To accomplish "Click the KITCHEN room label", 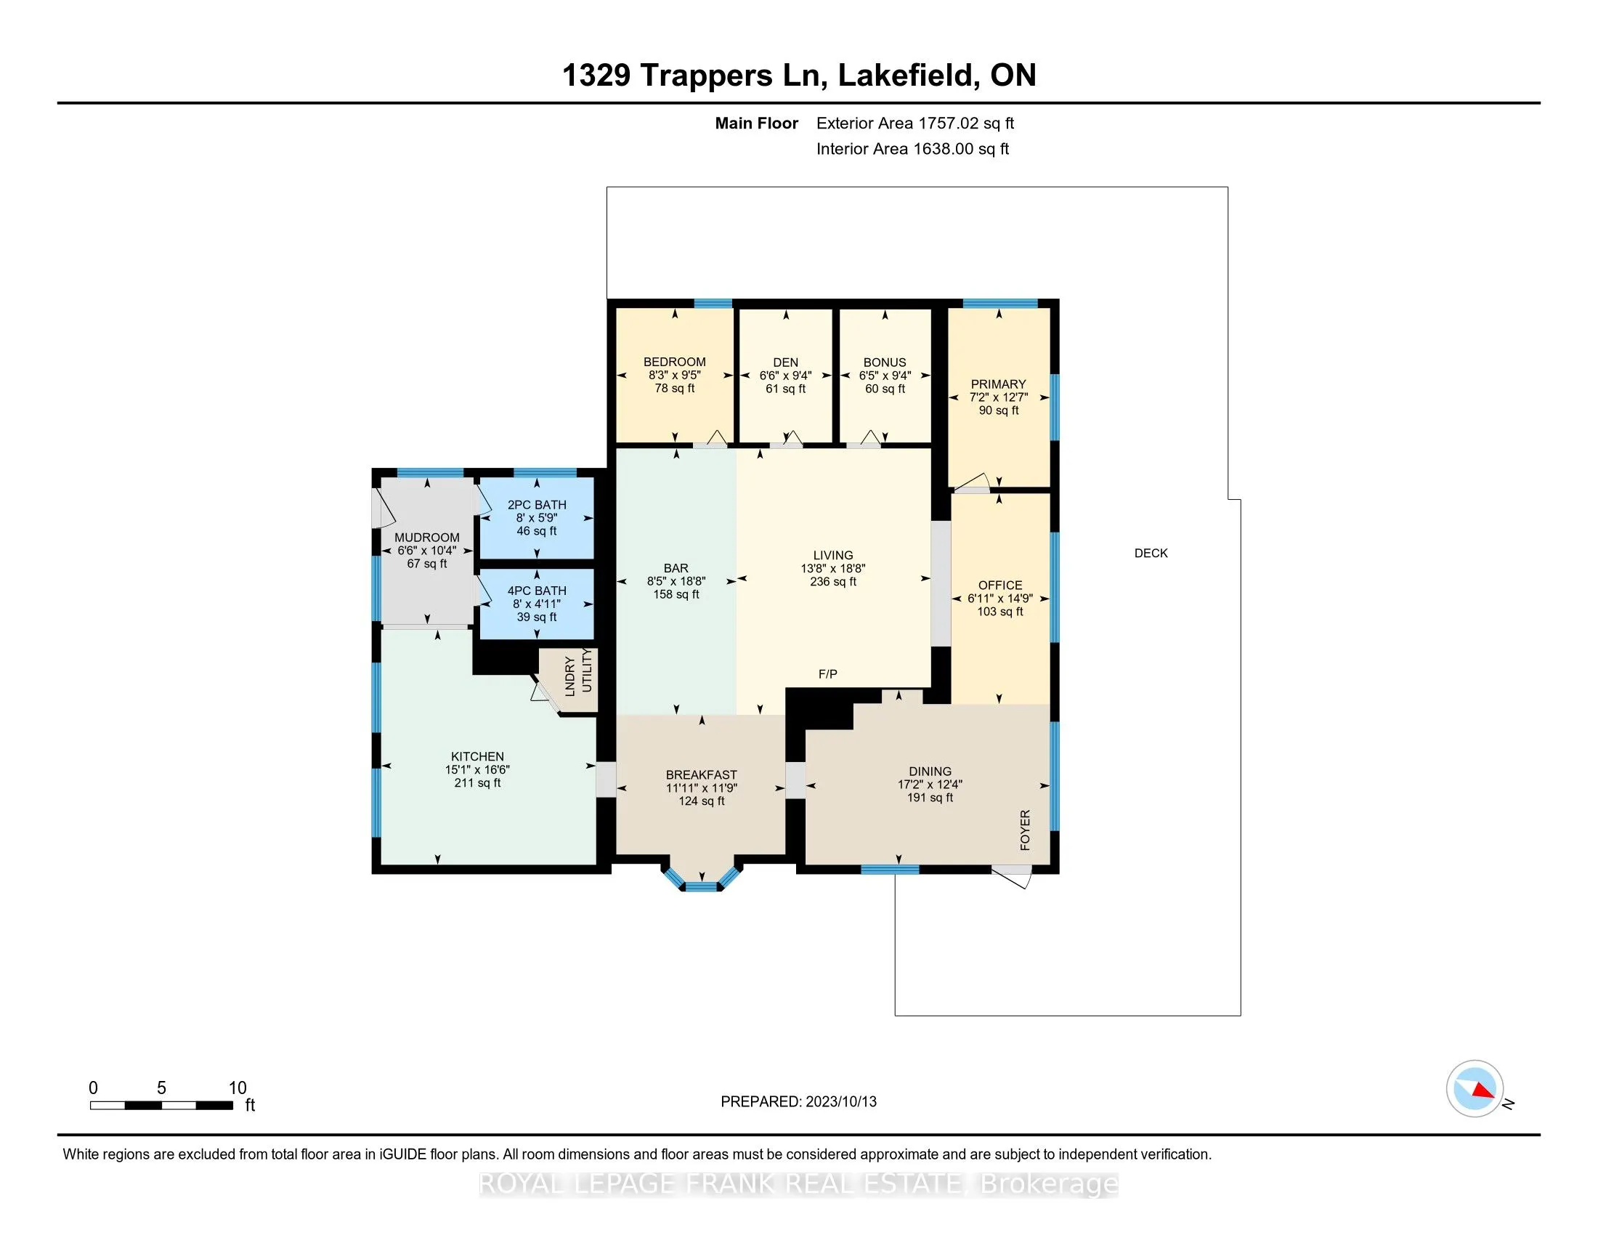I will (477, 756).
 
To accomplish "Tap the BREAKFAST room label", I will (701, 775).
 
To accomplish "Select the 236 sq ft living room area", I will (832, 582).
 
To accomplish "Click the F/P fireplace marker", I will (827, 674).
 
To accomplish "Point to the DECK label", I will (1151, 553).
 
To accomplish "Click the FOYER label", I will (1025, 830).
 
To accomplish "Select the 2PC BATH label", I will (536, 505).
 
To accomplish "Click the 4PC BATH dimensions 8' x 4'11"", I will (536, 604).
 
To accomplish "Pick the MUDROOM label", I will (426, 538).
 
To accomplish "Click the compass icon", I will (1475, 1089).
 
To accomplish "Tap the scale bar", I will (161, 1106).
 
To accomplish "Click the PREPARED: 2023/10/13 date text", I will (798, 1102).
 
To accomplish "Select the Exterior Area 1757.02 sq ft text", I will (914, 123).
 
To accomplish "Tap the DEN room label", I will (785, 363).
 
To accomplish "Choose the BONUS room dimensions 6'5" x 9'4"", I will (885, 376).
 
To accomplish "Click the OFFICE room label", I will (999, 586).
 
